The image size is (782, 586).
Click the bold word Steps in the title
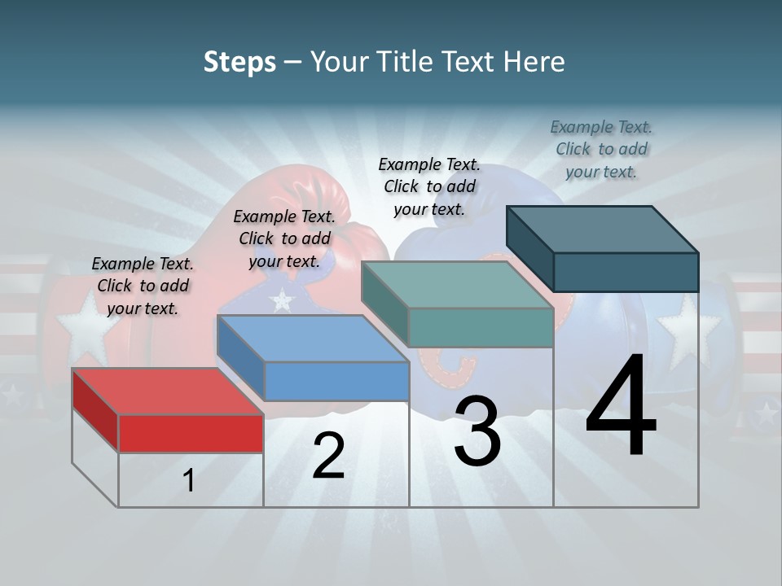coord(239,62)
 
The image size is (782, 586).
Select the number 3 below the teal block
coord(477,431)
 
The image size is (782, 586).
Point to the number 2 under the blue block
coord(328,457)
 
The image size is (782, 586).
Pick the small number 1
coord(189,481)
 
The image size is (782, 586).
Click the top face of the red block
coord(167,391)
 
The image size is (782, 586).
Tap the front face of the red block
coord(191,433)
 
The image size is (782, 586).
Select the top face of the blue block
coord(313,339)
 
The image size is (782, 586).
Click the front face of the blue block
coord(336,381)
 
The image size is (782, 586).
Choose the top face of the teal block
coord(457,285)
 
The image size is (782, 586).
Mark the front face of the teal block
coord(481,327)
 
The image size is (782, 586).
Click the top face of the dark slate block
coord(603,229)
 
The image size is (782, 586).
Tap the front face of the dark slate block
coord(626,272)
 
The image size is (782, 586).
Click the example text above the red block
coord(143,286)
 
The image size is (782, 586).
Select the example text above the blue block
coord(284,238)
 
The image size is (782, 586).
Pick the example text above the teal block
coord(429,186)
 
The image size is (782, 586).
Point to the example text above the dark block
coord(601,149)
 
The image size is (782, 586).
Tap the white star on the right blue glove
coord(688,330)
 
